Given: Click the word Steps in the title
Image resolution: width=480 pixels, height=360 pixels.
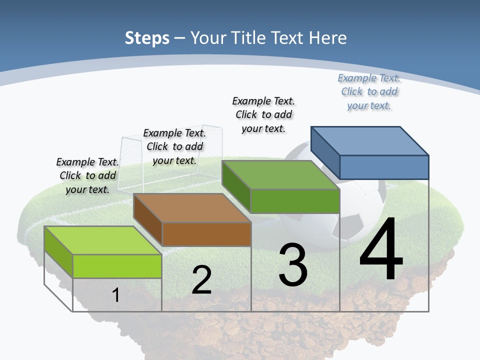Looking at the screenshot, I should (147, 38).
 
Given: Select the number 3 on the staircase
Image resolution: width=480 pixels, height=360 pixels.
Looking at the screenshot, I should (293, 265).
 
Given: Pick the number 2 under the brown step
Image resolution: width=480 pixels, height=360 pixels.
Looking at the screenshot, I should (202, 280).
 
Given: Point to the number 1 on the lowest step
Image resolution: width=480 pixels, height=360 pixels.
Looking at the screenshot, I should (116, 295).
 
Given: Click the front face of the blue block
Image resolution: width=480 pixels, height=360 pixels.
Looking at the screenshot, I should (384, 167).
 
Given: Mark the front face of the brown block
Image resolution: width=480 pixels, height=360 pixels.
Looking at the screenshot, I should (206, 234).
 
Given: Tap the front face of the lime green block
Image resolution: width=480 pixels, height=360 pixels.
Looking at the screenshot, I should (117, 266).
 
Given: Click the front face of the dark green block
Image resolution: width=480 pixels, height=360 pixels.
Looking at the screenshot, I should (295, 201).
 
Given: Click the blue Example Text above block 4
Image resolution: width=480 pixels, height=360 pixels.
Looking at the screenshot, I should (369, 92).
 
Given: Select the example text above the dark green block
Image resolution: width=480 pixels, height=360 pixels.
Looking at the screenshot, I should (264, 114).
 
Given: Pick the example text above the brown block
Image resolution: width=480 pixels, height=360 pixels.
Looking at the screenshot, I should (174, 146).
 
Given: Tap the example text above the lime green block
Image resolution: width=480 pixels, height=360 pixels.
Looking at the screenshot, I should (87, 175).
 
